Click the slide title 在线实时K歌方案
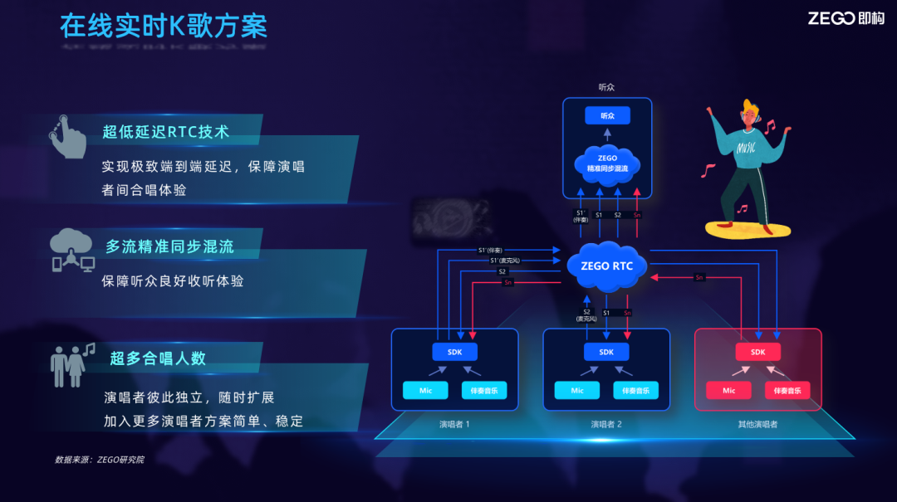(x=164, y=26)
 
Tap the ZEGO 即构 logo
(x=846, y=18)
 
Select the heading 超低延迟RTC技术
(x=165, y=131)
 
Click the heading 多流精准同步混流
(x=169, y=246)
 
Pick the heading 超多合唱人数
(x=158, y=358)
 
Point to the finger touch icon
(x=67, y=134)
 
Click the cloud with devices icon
(x=72, y=250)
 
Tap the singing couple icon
(x=71, y=363)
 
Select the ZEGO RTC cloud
(x=607, y=266)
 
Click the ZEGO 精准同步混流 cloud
(x=607, y=163)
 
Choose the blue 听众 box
(x=607, y=115)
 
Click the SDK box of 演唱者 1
(x=455, y=352)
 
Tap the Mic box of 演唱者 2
(x=577, y=390)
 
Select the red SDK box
(x=757, y=352)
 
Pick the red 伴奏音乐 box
(x=787, y=390)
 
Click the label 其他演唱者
(x=757, y=424)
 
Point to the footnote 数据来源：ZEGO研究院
(x=99, y=459)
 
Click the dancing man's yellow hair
(x=751, y=109)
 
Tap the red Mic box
(x=728, y=390)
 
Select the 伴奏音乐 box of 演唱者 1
(x=483, y=390)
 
